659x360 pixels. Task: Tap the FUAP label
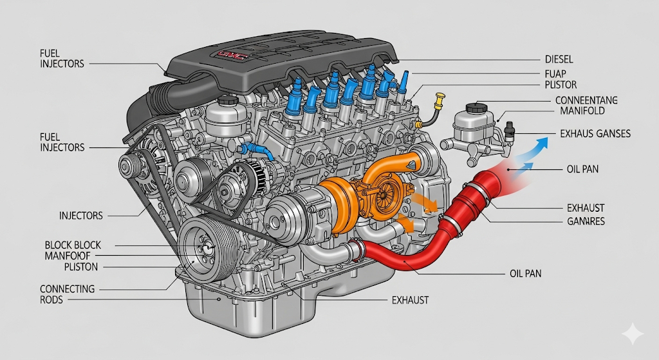555,73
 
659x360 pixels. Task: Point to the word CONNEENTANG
586,100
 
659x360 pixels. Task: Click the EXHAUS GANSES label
595,134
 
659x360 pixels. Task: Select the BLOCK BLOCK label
73,245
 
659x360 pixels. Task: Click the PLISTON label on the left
81,267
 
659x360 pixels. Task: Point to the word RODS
52,300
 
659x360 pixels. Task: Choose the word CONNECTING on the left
67,289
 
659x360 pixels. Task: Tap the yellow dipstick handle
440,99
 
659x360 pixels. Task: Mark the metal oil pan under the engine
270,316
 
